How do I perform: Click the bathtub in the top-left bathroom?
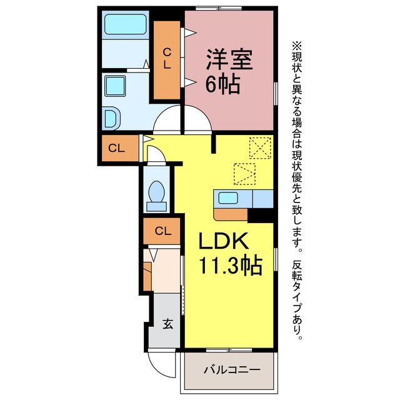pos(126,24)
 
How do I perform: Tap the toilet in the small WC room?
pos(157,196)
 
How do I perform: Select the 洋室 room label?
pos(229,59)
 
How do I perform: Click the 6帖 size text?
pos(222,84)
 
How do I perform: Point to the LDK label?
pos(224,241)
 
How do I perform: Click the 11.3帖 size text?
pos(231,266)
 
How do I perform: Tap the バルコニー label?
pos(232,369)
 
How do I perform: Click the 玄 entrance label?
pos(167,324)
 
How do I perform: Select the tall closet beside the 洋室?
pos(167,60)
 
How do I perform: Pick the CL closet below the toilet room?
pos(162,231)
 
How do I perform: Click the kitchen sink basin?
pos(228,198)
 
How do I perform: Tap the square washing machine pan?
pos(115,86)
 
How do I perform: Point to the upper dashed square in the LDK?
pos(260,148)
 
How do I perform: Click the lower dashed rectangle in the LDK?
pos(244,174)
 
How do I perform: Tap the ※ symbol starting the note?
pos(297,46)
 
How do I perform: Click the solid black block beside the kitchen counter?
pos(261,216)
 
